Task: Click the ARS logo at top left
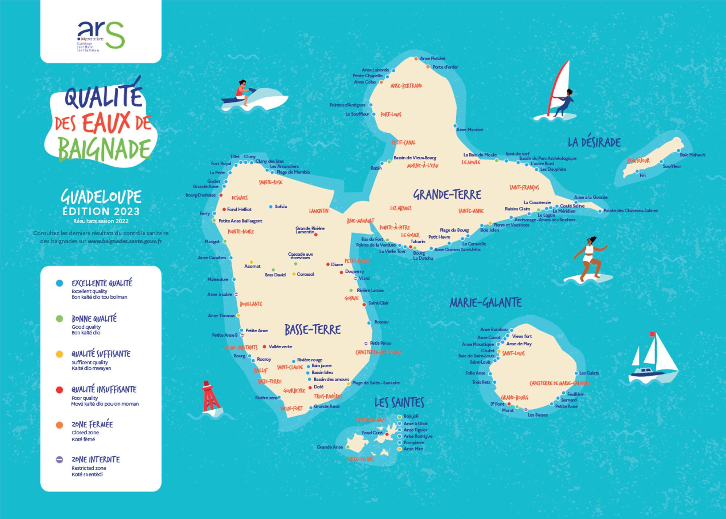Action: [x=101, y=36]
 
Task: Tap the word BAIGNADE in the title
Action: [x=104, y=149]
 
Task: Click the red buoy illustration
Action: [x=211, y=398]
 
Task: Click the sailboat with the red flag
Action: [x=652, y=359]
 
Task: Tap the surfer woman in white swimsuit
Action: [x=589, y=259]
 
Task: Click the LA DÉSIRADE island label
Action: [x=594, y=142]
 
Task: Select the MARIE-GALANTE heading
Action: [x=485, y=303]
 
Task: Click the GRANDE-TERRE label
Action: [x=447, y=195]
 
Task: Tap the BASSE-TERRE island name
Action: [x=313, y=330]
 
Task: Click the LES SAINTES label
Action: [x=399, y=402]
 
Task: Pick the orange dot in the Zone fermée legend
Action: [x=60, y=425]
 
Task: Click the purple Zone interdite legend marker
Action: [x=60, y=460]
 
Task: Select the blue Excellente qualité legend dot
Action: [x=60, y=283]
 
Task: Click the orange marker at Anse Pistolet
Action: [x=416, y=58]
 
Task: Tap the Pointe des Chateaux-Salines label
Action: [x=630, y=211]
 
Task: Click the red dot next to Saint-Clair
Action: [x=364, y=304]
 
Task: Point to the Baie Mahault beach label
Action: [x=692, y=155]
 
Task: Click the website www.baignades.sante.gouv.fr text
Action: [x=125, y=241]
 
